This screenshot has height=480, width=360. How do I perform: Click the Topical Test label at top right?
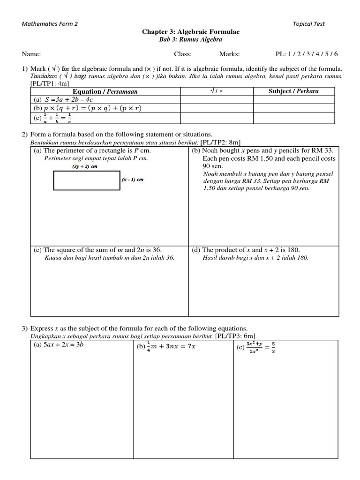pos(308,24)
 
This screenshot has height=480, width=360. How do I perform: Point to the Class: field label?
pos(183,54)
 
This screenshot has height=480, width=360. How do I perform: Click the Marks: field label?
pos(229,54)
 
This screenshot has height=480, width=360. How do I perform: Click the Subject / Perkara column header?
pos(293,91)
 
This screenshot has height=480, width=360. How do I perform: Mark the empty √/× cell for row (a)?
pos(217,100)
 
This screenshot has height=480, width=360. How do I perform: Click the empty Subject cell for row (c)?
pos(293,118)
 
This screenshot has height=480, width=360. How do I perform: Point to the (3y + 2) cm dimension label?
pos(84,166)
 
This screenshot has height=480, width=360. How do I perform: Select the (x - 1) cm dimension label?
pos(133,180)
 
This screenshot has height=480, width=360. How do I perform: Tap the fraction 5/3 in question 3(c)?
pos(273,348)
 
